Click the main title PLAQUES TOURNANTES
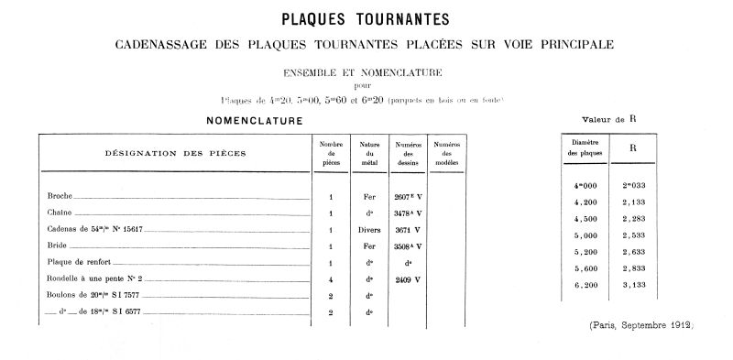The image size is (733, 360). pos(366,19)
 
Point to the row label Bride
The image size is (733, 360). pos(57,246)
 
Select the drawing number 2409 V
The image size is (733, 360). pos(408,279)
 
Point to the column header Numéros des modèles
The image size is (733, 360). pos(447,153)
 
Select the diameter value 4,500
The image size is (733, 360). pos(585,218)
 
